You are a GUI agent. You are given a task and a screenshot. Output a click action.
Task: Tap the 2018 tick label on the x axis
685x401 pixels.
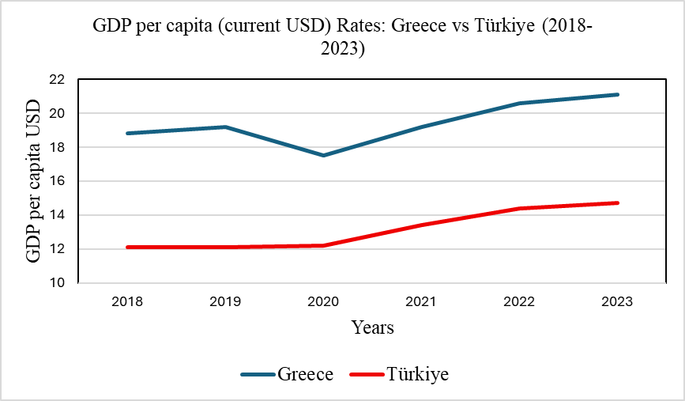tap(127, 301)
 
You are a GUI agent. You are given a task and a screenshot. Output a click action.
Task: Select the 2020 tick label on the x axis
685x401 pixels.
tap(323, 301)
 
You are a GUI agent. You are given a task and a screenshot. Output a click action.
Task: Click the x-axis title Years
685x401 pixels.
tap(373, 327)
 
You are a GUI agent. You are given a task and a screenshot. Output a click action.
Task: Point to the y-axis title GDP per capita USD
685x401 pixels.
tap(34, 182)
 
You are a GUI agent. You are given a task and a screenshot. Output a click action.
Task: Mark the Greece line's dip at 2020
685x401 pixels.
tap(323, 155)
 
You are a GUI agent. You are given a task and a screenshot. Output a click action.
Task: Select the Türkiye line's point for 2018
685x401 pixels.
tap(127, 247)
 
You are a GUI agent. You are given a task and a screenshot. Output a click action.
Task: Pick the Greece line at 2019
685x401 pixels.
tap(225, 127)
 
